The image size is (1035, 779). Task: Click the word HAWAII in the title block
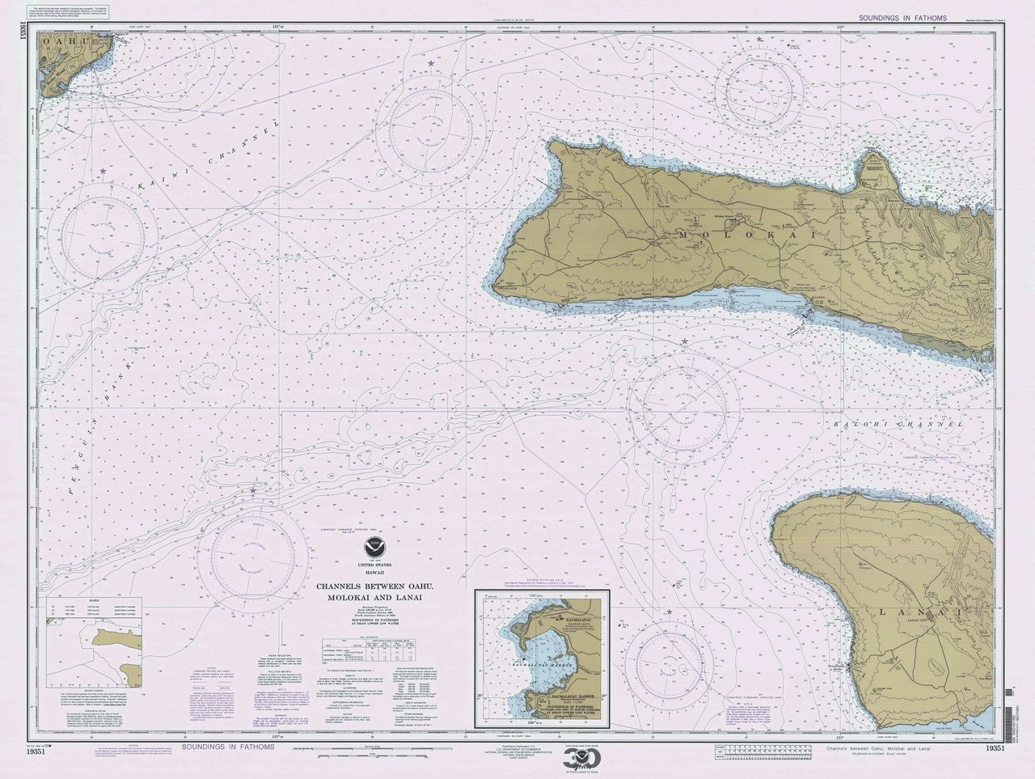point(374,573)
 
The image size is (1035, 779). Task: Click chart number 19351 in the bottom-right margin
point(995,749)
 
